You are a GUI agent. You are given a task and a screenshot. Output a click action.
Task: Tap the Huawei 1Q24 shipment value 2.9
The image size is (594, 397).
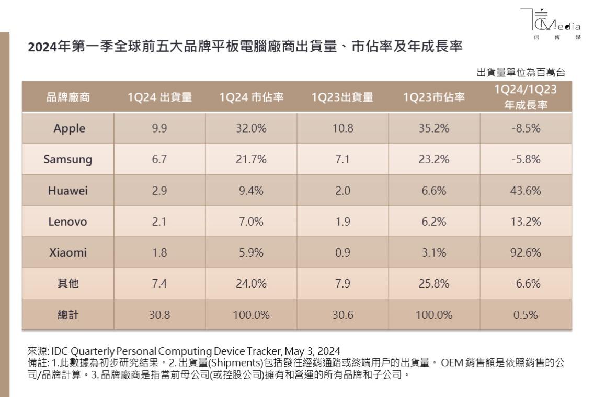click(x=159, y=191)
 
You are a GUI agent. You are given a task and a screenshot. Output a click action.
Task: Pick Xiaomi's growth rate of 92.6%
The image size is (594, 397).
click(x=526, y=252)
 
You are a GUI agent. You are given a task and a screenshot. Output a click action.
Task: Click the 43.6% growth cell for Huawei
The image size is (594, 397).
click(x=526, y=191)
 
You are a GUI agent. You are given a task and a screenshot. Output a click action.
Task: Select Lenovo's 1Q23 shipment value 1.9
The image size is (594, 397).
click(x=342, y=222)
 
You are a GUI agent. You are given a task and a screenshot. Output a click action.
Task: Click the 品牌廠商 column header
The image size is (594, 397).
click(x=67, y=96)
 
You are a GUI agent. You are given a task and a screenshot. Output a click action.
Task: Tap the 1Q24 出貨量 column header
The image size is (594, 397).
click(x=159, y=96)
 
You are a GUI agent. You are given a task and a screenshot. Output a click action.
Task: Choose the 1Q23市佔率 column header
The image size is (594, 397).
click(x=434, y=96)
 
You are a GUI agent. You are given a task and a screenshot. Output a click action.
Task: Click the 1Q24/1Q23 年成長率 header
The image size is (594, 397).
click(x=526, y=96)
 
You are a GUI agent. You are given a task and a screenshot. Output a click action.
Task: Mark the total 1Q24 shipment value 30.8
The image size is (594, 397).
click(x=159, y=315)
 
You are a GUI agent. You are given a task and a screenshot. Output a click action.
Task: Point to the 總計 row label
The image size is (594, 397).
click(x=67, y=315)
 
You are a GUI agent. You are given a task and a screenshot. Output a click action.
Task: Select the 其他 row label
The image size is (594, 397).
click(x=67, y=284)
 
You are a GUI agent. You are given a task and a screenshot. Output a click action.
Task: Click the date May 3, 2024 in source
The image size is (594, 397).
click(x=314, y=350)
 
